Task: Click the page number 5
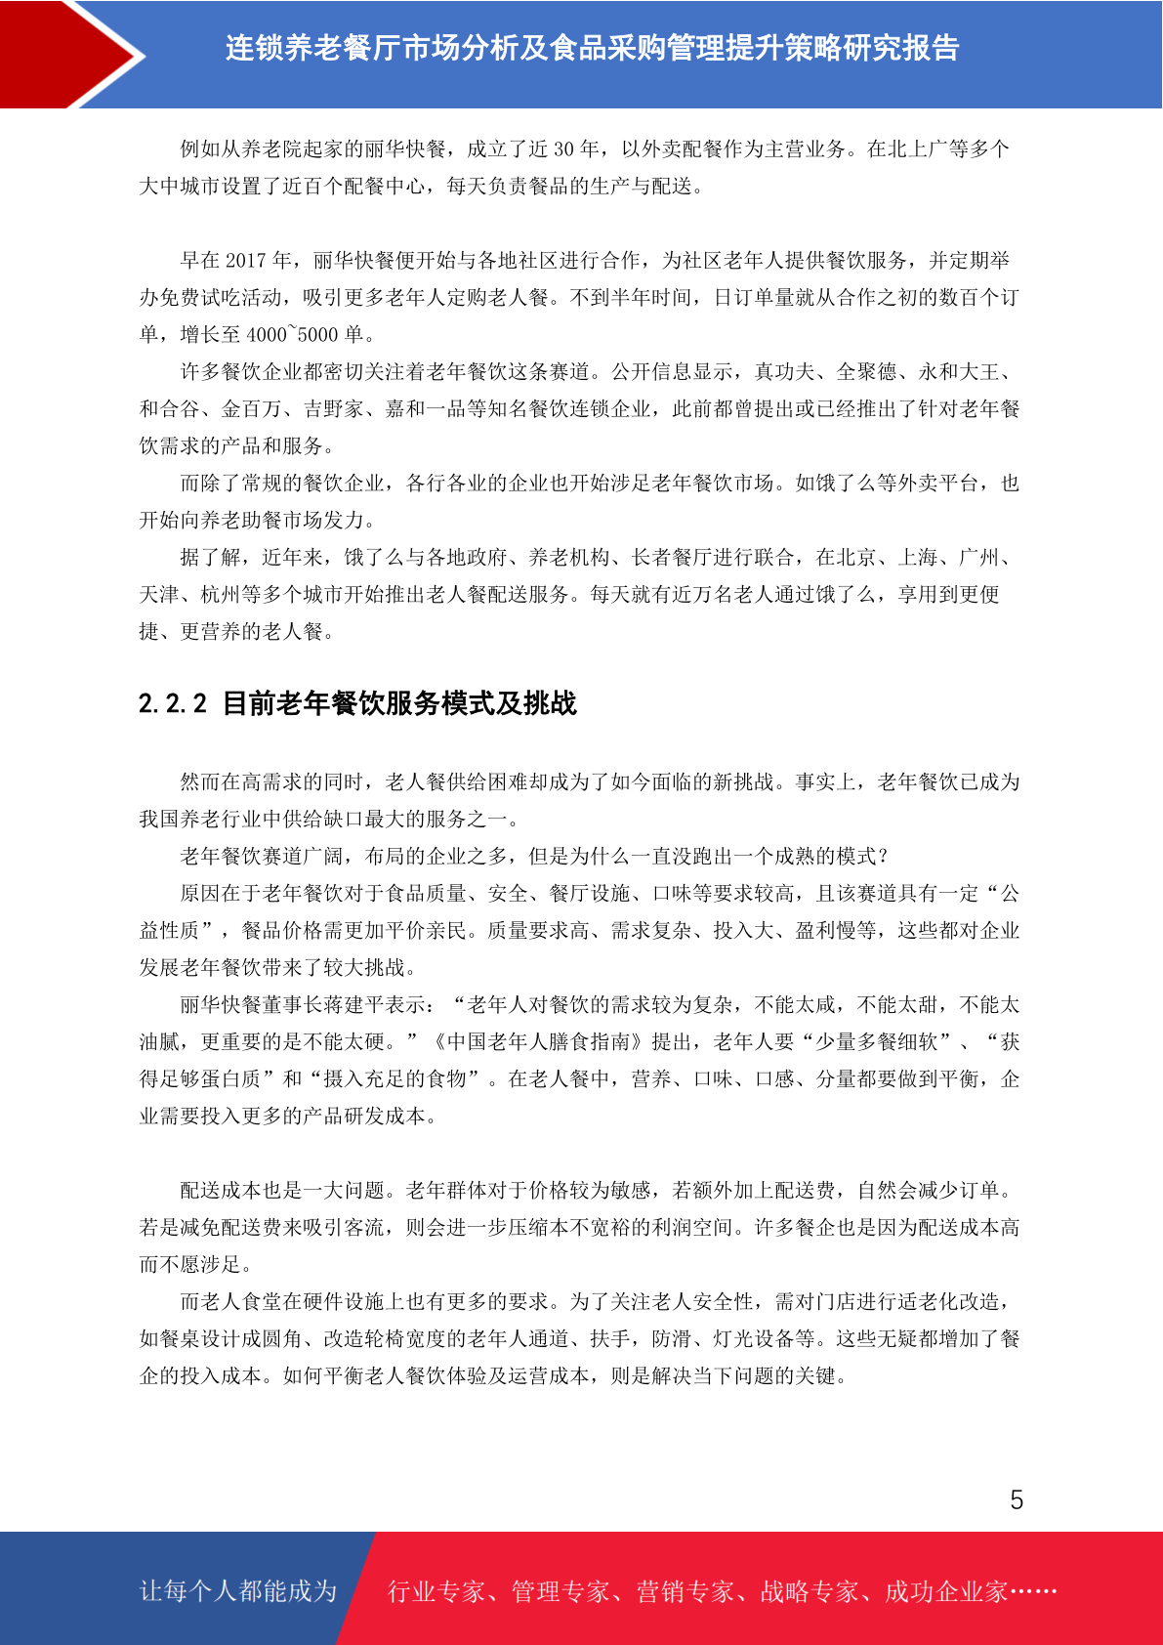(x=1017, y=1500)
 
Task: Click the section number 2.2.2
(x=173, y=703)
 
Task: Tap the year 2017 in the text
(x=245, y=261)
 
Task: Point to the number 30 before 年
(x=564, y=149)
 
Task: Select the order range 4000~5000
(x=292, y=335)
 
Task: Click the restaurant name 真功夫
(x=785, y=372)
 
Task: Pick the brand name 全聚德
(x=867, y=372)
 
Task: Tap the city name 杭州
(x=221, y=595)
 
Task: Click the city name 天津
(x=159, y=595)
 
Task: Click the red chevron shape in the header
(x=68, y=54)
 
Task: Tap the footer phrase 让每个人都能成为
(x=237, y=1591)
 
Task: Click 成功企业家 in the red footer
(x=945, y=1591)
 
